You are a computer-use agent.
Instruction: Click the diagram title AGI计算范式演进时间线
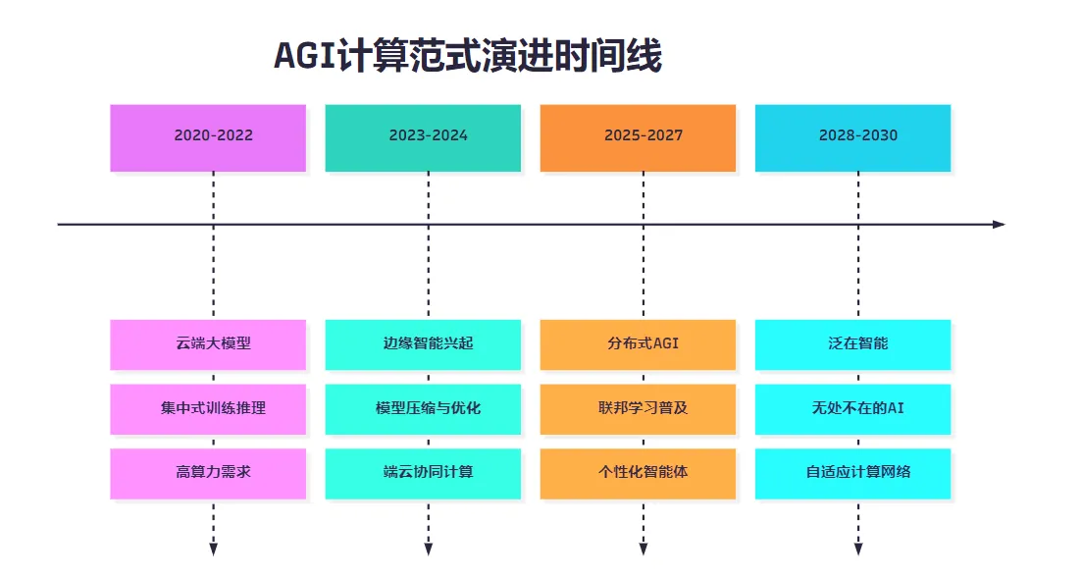click(468, 56)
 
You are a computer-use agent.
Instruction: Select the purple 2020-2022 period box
click(208, 138)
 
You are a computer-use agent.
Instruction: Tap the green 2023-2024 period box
click(423, 138)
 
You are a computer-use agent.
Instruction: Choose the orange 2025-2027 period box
click(638, 138)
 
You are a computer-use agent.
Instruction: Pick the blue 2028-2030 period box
click(852, 138)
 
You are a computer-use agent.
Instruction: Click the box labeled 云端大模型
click(208, 344)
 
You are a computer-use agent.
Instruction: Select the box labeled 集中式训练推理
click(208, 409)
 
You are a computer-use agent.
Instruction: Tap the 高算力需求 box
click(208, 473)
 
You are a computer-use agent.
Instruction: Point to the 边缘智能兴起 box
click(423, 344)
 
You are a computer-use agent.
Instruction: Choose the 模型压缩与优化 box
click(423, 409)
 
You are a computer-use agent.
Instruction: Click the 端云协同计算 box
click(423, 473)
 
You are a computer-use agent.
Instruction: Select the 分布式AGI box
click(638, 344)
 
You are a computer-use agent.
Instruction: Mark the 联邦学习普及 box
click(638, 409)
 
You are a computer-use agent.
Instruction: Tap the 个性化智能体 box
click(638, 473)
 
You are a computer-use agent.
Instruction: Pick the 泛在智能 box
click(852, 344)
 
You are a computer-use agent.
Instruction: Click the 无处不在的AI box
click(852, 409)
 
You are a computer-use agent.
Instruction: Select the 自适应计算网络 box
click(852, 473)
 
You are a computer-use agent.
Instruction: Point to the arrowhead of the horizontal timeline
click(1000, 225)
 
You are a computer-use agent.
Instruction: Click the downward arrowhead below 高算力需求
click(213, 550)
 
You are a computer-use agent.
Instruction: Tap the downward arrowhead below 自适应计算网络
click(858, 550)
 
